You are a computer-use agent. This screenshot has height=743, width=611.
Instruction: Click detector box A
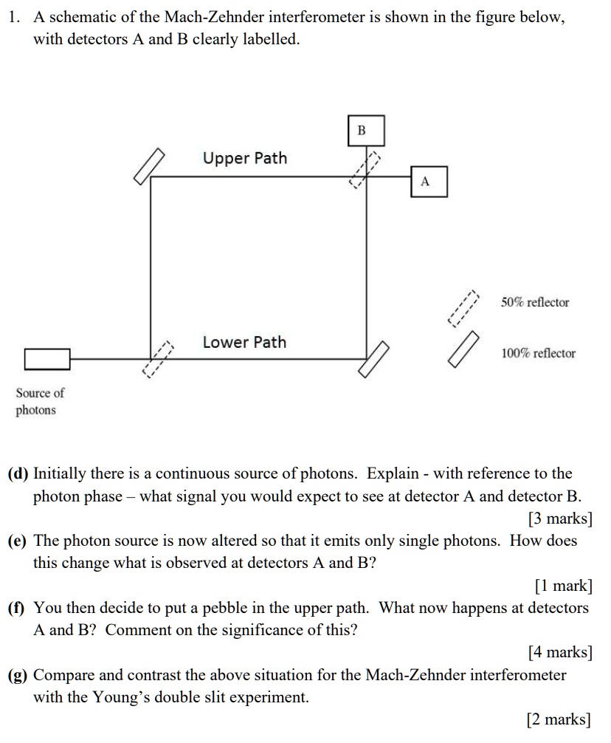(x=429, y=182)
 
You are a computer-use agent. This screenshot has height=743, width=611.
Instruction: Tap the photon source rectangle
(x=47, y=359)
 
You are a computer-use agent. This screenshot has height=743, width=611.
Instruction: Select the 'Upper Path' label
(x=245, y=159)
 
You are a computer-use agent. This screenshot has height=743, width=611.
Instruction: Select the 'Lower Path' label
(x=244, y=343)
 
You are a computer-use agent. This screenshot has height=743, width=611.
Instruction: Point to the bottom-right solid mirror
(x=375, y=359)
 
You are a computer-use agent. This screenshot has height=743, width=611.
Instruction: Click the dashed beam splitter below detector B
(x=366, y=171)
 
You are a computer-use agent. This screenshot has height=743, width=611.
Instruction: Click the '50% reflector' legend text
(x=535, y=303)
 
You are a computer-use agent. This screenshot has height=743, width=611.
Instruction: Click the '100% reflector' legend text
(x=538, y=354)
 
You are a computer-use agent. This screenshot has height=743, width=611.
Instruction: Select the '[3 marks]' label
(x=560, y=519)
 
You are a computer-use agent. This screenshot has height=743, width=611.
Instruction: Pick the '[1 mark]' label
(x=563, y=586)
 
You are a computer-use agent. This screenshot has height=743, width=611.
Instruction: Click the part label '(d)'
(x=18, y=473)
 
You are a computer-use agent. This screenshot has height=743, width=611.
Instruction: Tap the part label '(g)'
(x=18, y=675)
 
